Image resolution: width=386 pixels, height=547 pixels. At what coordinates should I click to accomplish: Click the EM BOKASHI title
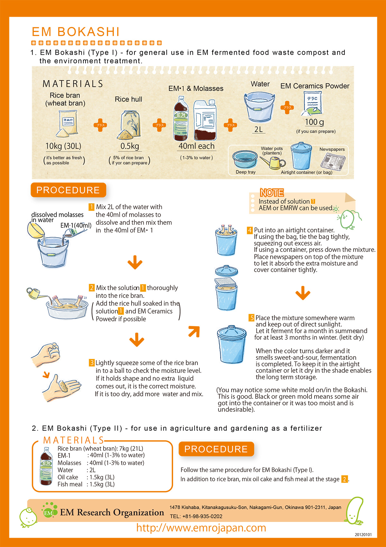click(76, 32)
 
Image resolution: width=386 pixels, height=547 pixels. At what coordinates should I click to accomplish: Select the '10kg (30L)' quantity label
click(63, 146)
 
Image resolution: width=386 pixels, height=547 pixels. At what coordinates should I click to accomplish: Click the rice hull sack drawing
click(129, 125)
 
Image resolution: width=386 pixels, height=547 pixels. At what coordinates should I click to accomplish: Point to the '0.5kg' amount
click(130, 146)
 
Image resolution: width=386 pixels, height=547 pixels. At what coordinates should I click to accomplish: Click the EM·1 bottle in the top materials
click(180, 118)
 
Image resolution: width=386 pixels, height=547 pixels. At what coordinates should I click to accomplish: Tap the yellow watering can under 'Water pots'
click(273, 162)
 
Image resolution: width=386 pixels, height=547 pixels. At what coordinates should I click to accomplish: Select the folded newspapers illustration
click(333, 162)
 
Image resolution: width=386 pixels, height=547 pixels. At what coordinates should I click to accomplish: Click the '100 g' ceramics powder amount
click(314, 122)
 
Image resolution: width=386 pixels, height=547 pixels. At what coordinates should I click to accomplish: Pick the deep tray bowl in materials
click(245, 159)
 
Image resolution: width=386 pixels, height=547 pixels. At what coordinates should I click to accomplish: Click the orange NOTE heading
click(272, 193)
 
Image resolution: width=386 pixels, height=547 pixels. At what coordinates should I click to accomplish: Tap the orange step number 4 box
click(250, 230)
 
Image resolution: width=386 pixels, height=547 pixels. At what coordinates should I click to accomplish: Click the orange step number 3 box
click(91, 363)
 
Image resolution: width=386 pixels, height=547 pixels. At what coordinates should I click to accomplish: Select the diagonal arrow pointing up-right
click(194, 331)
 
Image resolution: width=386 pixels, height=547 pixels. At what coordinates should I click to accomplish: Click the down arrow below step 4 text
click(303, 293)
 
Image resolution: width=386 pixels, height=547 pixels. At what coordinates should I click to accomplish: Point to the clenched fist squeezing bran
click(46, 354)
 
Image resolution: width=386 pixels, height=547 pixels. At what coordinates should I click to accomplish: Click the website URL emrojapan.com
click(201, 528)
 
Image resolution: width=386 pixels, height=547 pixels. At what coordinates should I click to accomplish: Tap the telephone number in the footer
click(196, 516)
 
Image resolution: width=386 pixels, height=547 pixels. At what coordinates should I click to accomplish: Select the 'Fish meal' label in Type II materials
click(70, 484)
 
